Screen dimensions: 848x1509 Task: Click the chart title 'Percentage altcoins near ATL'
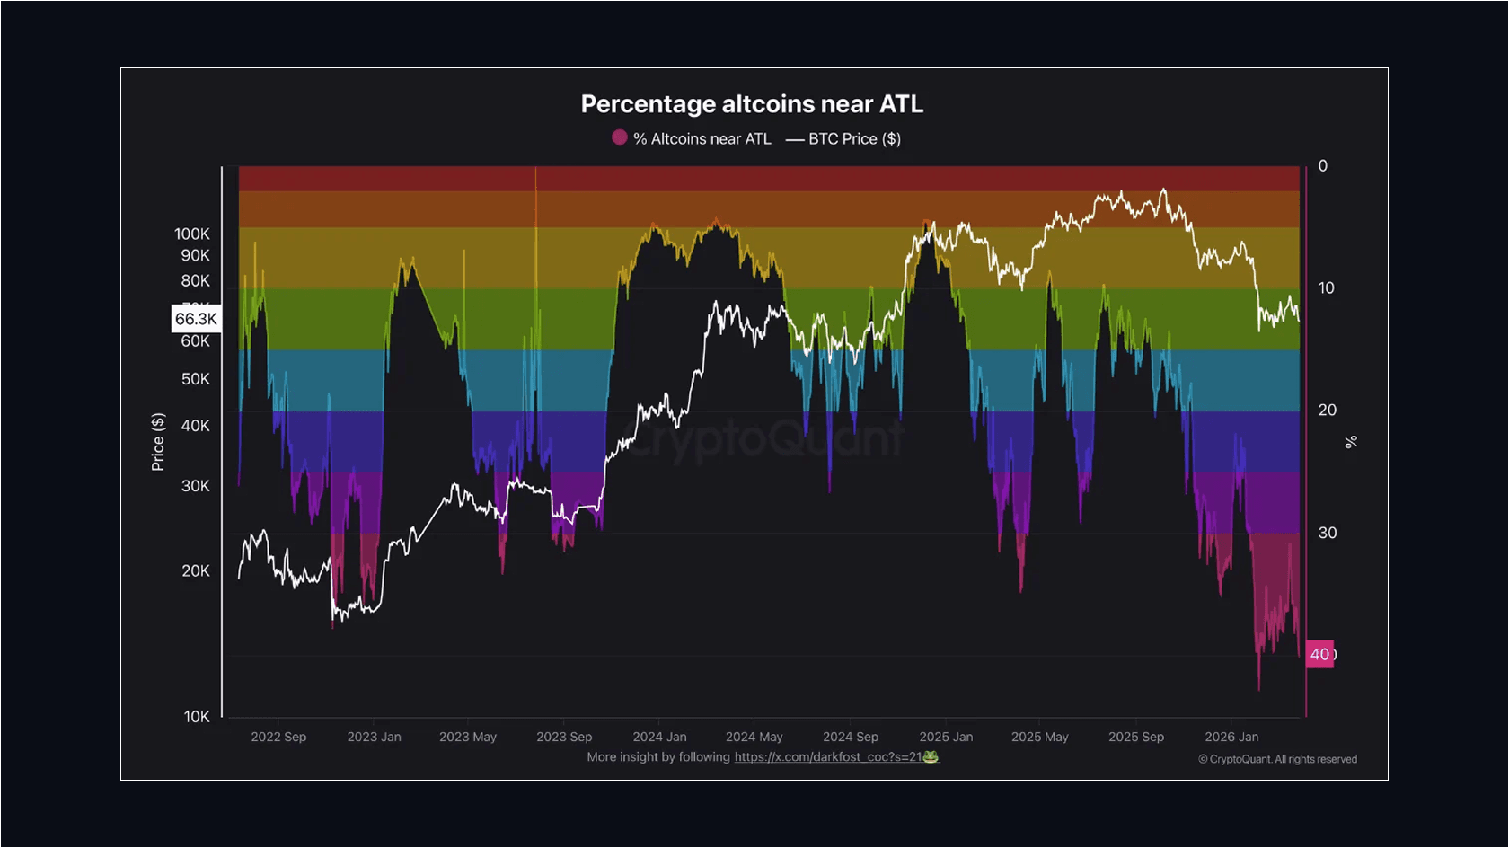tap(752, 104)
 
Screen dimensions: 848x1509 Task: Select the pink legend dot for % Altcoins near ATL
tap(619, 137)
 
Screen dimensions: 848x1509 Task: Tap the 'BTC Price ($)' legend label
tap(853, 138)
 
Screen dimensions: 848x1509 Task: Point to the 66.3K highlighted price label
tap(196, 319)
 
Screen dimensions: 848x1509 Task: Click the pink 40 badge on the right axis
tap(1319, 654)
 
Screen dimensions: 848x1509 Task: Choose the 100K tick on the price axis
tap(192, 234)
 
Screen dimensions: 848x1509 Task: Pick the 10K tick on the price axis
tap(197, 716)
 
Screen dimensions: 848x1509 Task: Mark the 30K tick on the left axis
tap(196, 486)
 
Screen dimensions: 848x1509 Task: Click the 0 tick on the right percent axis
tap(1322, 166)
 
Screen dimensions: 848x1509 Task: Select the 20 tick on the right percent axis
tap(1327, 410)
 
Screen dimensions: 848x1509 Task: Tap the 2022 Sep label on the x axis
tap(278, 737)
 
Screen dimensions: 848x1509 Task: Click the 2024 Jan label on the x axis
tap(659, 737)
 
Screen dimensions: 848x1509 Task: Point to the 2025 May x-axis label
tap(1039, 737)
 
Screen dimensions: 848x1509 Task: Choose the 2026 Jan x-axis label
tap(1231, 737)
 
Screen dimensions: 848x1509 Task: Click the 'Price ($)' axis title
tap(158, 442)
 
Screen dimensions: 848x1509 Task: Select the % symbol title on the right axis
tap(1350, 441)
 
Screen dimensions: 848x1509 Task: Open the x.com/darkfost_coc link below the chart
tap(827, 757)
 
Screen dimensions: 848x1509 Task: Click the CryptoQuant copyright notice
tap(1277, 759)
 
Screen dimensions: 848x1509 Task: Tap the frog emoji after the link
tap(931, 757)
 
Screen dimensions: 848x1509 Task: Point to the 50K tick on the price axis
tap(196, 379)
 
